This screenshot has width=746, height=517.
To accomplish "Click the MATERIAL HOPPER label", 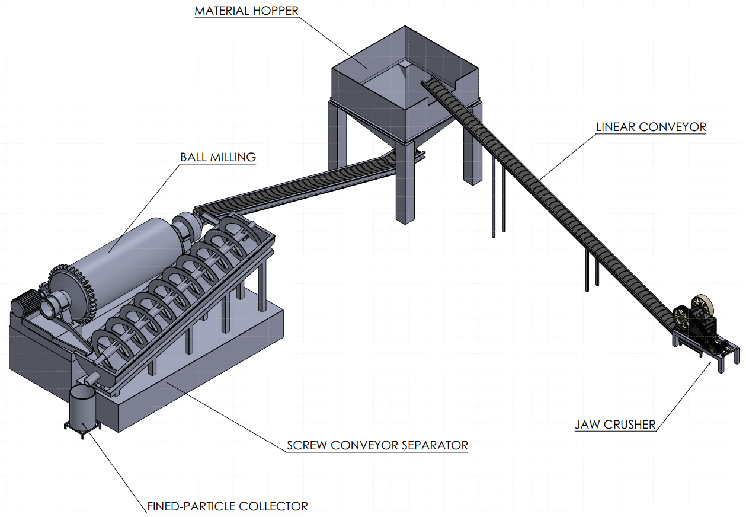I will pyautogui.click(x=246, y=11).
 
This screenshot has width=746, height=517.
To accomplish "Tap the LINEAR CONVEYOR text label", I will pyautogui.click(x=651, y=127).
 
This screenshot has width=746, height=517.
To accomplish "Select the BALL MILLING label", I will pyautogui.click(x=218, y=157).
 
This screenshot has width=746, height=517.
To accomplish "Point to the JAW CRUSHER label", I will pyautogui.click(x=615, y=425).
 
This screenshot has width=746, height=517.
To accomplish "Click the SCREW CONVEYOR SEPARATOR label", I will pyautogui.click(x=377, y=445).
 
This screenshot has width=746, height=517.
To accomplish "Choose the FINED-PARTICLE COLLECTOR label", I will pyautogui.click(x=228, y=507).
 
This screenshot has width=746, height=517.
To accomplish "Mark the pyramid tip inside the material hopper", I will pyautogui.click(x=405, y=65).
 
